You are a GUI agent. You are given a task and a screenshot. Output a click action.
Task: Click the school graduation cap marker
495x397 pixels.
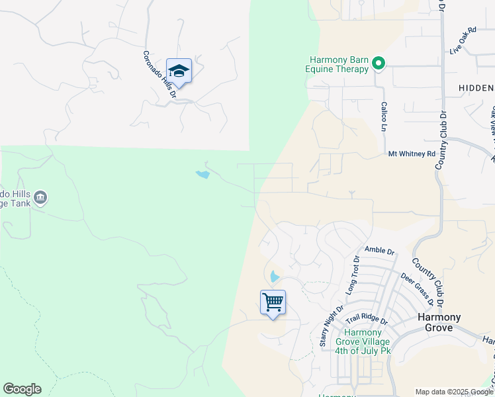tap(179, 70)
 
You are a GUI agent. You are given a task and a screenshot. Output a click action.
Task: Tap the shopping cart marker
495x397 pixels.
tap(273, 302)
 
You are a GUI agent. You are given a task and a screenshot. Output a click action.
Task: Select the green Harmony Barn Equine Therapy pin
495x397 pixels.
tap(379, 64)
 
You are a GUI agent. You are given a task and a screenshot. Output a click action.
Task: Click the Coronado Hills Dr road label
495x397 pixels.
tap(159, 74)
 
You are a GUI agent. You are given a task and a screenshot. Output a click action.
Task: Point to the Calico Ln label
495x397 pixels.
tap(383, 116)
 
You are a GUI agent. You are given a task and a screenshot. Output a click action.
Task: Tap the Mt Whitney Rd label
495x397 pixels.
tap(412, 154)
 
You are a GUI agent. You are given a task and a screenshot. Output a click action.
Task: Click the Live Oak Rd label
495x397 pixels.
tap(463, 41)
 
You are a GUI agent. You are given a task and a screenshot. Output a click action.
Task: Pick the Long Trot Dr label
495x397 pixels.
tap(351, 275)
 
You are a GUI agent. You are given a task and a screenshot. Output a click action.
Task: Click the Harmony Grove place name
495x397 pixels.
tap(439, 322)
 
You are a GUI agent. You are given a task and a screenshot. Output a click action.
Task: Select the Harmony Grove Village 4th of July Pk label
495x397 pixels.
tap(363, 341)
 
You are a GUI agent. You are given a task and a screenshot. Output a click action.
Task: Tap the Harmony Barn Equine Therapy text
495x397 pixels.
tap(336, 64)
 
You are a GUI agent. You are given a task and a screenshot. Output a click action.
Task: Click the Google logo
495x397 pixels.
tap(22, 389)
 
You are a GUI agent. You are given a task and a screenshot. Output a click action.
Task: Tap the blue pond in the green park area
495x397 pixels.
tap(202, 175)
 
